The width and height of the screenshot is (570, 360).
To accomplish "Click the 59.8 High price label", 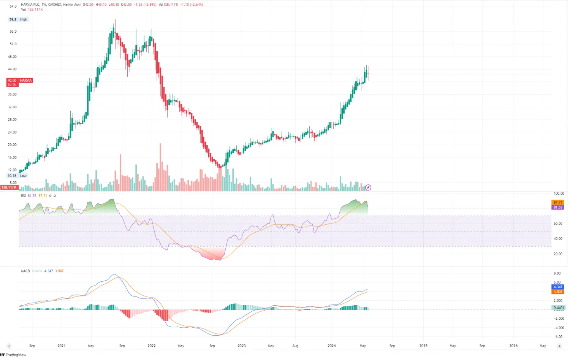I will point(18,19).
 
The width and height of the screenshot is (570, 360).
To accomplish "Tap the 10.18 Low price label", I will point(17,176).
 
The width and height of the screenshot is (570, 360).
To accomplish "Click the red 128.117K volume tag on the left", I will point(9,187).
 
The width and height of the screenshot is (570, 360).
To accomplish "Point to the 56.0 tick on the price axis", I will point(13,32).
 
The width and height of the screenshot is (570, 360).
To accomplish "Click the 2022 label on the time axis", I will point(151,346).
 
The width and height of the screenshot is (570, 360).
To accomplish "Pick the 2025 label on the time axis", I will point(423,346).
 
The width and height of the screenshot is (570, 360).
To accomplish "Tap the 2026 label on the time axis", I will point(513,346).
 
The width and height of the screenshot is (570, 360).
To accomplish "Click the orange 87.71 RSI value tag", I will point(557,203).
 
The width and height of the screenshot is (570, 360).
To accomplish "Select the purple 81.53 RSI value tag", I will point(557,207).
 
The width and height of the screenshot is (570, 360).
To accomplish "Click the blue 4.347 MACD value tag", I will point(557,287).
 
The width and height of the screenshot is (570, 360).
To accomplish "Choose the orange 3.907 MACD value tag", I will point(557,292).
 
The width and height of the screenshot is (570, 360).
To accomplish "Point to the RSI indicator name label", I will point(23,196).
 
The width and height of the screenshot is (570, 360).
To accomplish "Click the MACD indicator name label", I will point(25,271).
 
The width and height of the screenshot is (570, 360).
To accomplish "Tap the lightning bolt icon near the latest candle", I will point(368,187).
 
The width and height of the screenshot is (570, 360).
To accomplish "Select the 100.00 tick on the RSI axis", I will point(559,193).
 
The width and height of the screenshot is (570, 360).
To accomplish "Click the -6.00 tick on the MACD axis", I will point(557,337).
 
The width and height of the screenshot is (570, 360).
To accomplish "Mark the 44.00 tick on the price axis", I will point(12,69).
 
